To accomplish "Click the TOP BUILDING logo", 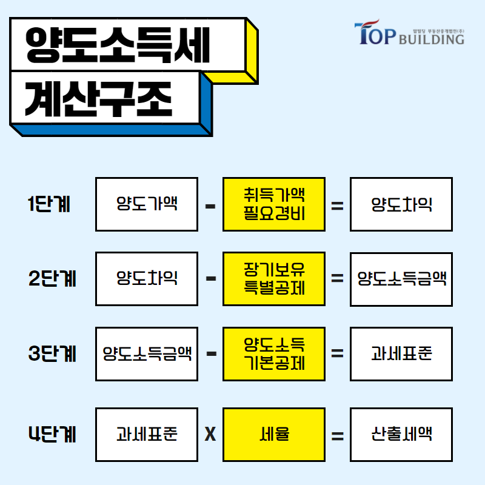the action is [409, 33].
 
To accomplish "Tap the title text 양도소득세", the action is [118, 45].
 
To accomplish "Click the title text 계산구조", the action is [98, 99].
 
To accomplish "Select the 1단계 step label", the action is [49, 204].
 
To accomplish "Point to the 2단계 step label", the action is [52, 278].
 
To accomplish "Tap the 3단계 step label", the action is [52, 353].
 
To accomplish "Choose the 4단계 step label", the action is [52, 434].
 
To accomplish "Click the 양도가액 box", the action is [147, 204].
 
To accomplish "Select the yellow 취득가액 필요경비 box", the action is [274, 204].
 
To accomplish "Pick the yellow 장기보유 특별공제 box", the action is [274, 279].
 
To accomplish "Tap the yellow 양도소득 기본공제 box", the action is [274, 354].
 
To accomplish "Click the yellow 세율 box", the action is [274, 435].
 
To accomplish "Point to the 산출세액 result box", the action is [401, 435].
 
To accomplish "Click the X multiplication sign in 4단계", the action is [210, 434].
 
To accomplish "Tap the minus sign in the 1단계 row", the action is [210, 206].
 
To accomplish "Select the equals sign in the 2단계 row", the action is [338, 278].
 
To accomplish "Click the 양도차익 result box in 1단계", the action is [401, 204].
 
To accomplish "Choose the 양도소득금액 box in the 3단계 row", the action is [147, 354].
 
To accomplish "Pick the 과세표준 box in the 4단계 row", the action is [147, 435].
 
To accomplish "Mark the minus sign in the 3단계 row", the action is [211, 353].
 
